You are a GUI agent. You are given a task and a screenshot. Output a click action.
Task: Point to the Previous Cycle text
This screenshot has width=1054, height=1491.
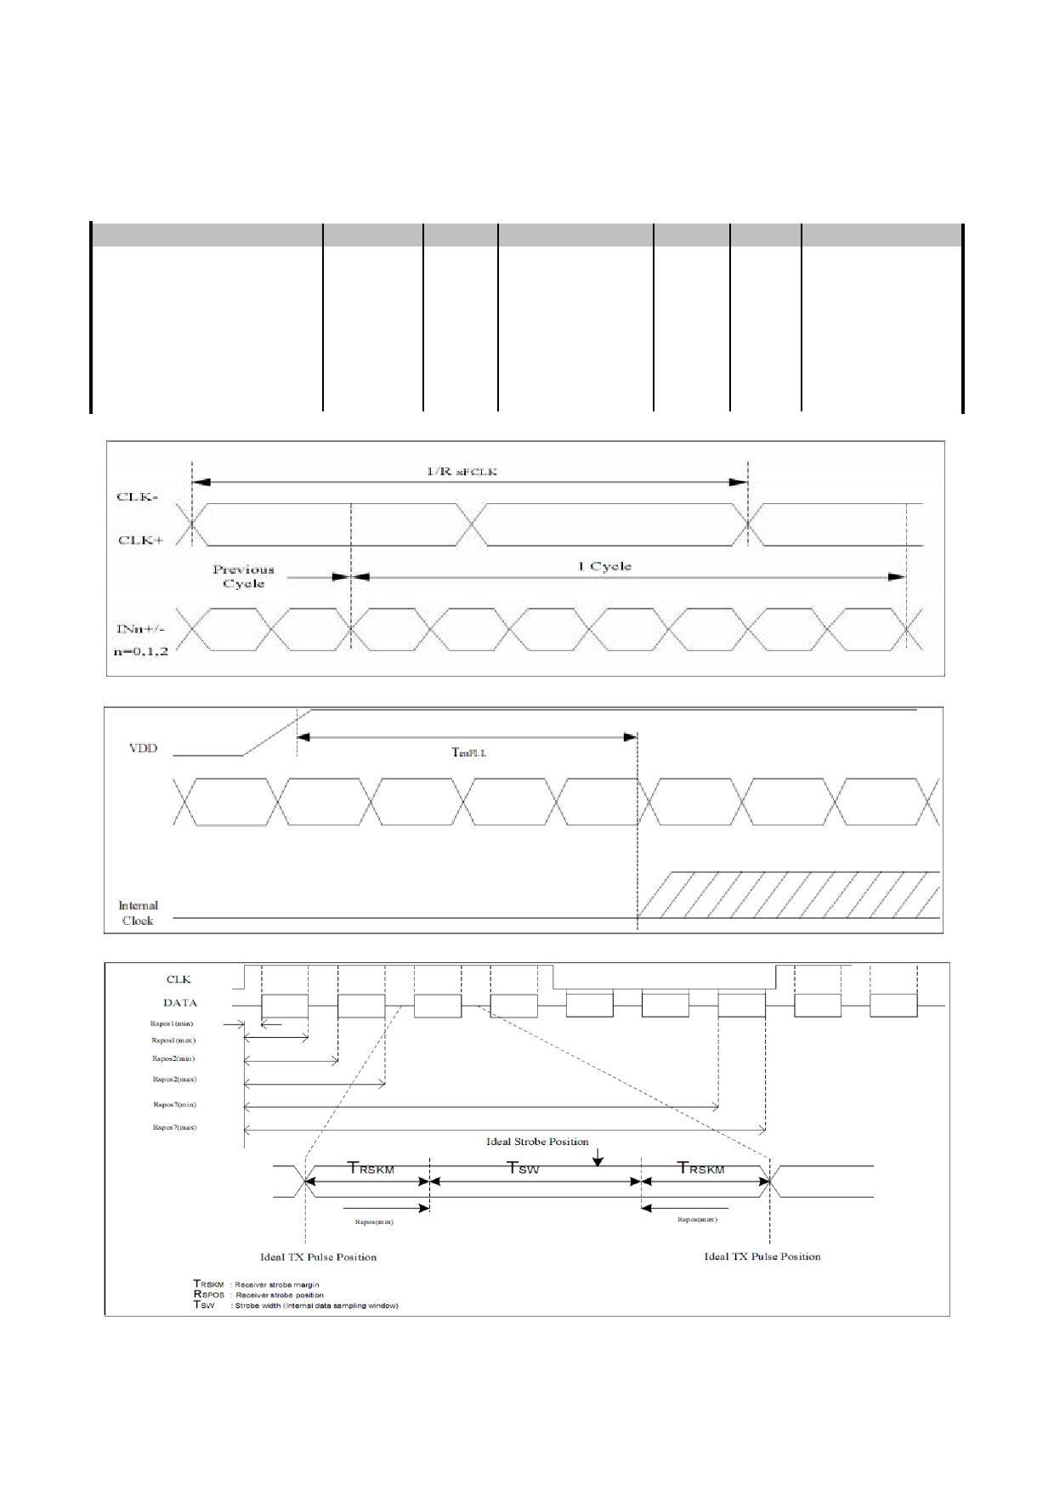[243, 576]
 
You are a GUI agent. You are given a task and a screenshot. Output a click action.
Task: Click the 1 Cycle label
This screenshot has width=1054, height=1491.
[604, 566]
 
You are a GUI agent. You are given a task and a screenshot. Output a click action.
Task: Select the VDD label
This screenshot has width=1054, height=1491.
[143, 749]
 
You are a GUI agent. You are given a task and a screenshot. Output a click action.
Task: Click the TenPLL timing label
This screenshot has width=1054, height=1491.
[467, 752]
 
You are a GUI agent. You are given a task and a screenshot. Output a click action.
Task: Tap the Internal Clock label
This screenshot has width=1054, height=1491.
[138, 913]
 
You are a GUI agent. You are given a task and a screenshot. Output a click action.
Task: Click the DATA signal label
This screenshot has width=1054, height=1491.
[180, 1002]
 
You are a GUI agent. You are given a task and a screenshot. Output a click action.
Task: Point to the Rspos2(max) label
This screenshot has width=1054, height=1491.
[174, 1080]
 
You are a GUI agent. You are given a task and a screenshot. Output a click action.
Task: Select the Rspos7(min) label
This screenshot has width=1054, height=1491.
[174, 1104]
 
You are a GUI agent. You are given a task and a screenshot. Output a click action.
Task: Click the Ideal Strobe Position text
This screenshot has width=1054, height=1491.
[537, 1142]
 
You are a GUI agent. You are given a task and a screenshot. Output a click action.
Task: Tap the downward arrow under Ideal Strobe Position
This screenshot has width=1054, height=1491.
[598, 1157]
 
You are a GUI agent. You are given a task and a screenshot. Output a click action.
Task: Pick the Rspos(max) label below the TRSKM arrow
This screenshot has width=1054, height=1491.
[697, 1219]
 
